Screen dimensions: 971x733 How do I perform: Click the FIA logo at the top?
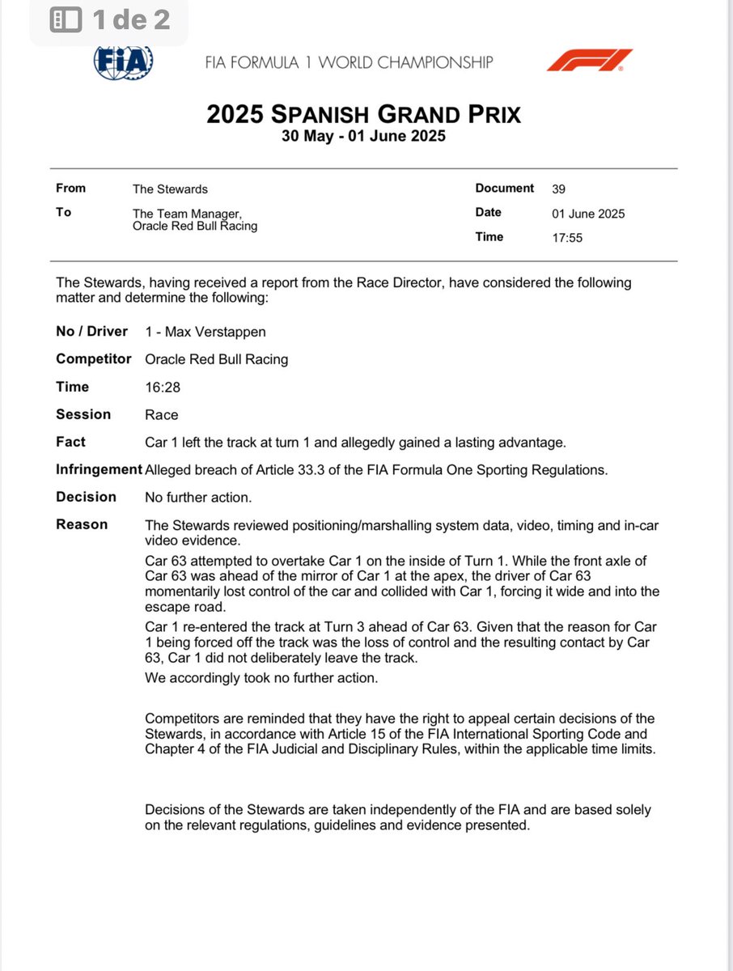(124, 61)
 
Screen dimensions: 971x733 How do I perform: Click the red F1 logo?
(589, 61)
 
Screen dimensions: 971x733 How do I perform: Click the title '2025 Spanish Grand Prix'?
(363, 114)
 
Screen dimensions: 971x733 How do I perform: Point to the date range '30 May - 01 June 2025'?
(363, 137)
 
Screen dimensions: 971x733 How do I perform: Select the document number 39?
(558, 189)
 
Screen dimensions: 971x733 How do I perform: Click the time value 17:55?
(566, 238)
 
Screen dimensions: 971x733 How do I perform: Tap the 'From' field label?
(70, 189)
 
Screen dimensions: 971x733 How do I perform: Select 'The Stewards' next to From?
(170, 189)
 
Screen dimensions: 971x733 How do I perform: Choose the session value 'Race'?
(161, 415)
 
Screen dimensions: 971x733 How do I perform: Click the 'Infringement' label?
(98, 469)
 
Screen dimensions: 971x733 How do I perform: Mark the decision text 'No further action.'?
(197, 497)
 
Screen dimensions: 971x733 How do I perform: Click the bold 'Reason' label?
(82, 524)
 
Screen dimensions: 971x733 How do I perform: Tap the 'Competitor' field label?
(91, 358)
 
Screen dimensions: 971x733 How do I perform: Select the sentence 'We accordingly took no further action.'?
(261, 678)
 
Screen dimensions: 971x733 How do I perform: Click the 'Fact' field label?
(70, 442)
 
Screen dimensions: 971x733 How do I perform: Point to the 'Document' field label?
(505, 189)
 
